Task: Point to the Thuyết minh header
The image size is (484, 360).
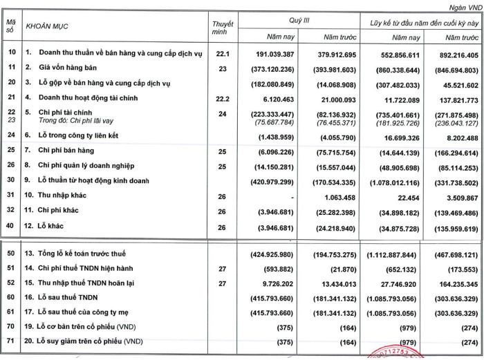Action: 222,28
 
